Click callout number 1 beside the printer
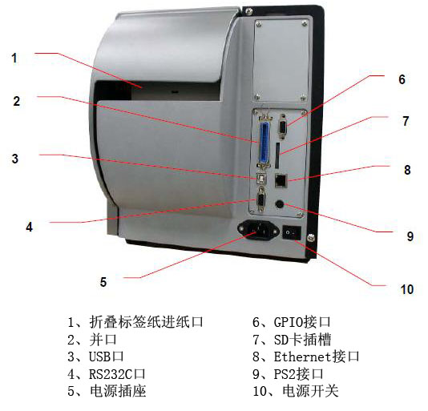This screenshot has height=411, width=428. pos(14,57)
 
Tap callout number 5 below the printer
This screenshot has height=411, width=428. pos(103,281)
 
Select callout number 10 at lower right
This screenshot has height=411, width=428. pos(407,288)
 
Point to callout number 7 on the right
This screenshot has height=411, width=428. pos(406,122)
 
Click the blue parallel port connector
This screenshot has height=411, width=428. pos(262,143)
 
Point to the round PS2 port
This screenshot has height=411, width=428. pos(281,204)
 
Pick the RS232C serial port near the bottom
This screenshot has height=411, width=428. pos(261,201)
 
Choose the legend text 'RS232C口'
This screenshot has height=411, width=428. pos(115,373)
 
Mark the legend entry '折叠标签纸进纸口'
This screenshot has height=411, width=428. pos(143,322)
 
